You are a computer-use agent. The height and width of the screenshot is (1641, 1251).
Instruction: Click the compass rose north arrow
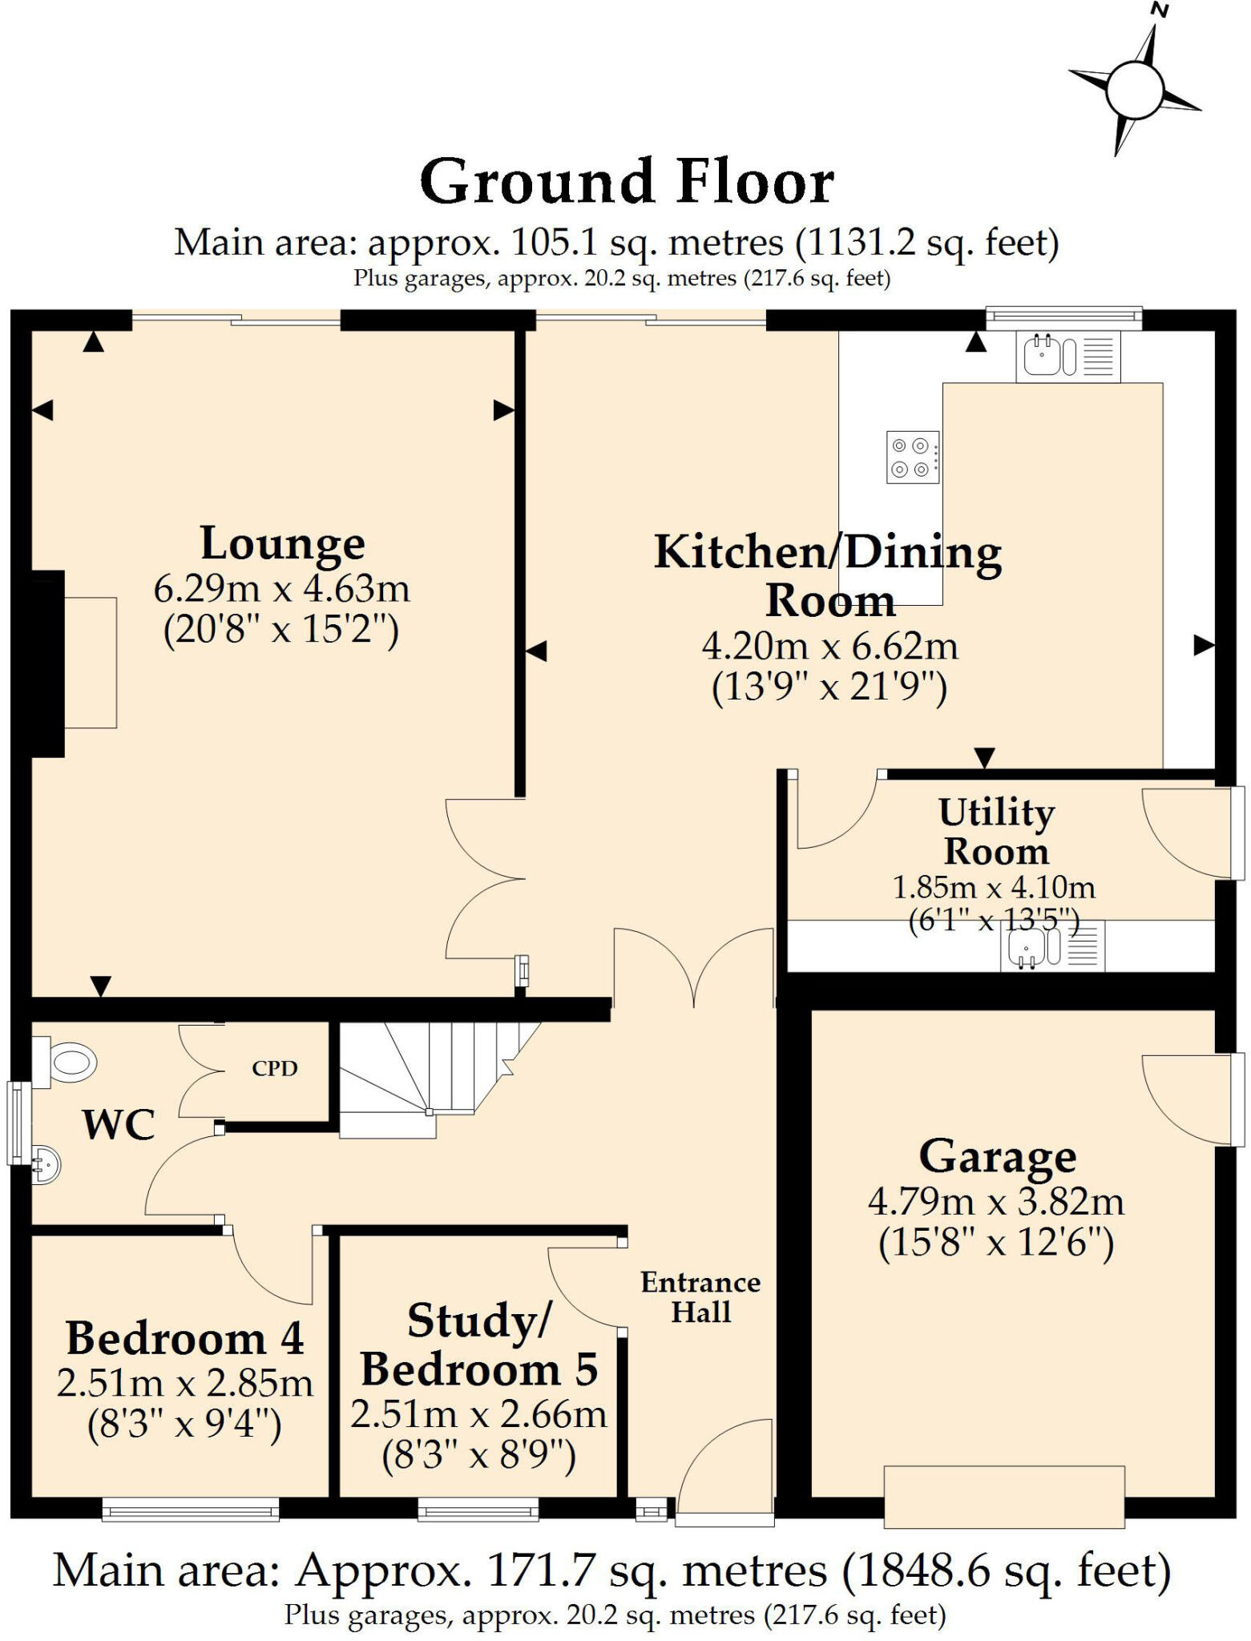1135,87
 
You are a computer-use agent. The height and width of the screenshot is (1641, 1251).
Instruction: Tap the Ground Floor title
627,183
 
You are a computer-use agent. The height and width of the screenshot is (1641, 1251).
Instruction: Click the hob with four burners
912,457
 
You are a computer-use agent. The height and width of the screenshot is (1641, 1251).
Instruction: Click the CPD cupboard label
274,1068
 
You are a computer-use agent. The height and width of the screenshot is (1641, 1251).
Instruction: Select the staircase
433,1074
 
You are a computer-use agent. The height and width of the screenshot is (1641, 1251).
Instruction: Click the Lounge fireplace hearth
90,662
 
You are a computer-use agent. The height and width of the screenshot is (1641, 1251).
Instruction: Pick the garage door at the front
1003,1496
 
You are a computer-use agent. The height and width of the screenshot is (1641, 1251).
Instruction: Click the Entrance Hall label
700,1296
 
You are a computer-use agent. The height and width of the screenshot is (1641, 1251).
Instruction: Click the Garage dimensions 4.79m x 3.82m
995,1202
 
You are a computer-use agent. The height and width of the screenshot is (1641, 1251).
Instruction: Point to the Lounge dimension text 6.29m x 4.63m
281,589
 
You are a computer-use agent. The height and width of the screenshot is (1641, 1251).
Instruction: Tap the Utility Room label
996,831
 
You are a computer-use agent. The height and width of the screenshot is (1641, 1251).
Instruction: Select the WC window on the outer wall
18,1123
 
